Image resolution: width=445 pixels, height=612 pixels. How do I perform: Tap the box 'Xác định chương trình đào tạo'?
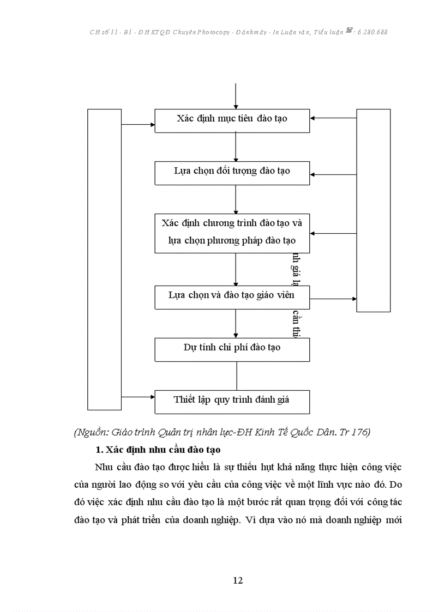coord(232,233)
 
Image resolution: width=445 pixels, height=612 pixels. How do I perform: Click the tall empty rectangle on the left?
coord(105,259)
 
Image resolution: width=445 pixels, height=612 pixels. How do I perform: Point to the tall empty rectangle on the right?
coord(373,210)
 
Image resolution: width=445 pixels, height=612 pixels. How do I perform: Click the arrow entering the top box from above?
coord(236,96)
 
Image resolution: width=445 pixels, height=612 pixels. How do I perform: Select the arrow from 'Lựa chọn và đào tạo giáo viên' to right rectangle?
coord(333,299)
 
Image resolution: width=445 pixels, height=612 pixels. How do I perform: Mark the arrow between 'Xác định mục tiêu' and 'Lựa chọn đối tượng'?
coord(236,147)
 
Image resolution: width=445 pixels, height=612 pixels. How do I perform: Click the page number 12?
coord(237,580)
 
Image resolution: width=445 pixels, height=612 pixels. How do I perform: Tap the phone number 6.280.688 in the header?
coord(371,32)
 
